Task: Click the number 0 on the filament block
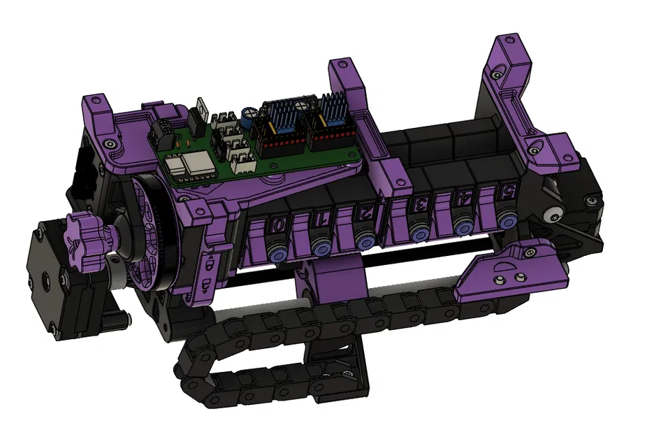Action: click(x=277, y=225)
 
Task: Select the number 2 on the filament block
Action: click(x=365, y=211)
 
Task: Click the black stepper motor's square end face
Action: click(x=45, y=280)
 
